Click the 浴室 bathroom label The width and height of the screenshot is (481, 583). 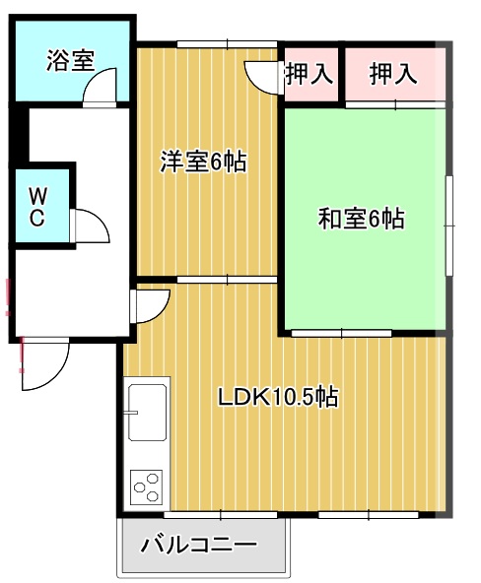pos(70,60)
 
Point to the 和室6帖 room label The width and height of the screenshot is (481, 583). pos(361,219)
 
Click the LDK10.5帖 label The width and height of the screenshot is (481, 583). pos(279,398)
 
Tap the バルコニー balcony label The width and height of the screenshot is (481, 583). pos(199,545)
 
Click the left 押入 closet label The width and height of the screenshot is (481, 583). pos(309,72)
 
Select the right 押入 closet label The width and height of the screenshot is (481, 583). pos(394,72)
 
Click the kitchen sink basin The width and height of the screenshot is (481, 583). pos(148,412)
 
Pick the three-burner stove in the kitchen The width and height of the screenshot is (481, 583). pos(147,486)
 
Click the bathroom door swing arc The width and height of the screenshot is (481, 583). pos(99,91)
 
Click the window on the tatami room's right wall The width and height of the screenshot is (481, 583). pos(448,219)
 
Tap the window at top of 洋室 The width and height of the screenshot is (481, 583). pos(227,43)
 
